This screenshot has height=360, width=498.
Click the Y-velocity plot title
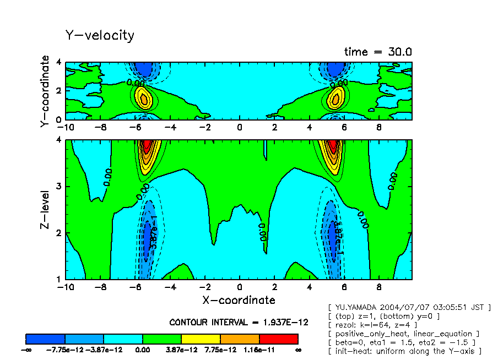pos(100,36)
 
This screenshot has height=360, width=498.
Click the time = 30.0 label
pos(378,52)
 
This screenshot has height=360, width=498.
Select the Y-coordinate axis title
pos(45,92)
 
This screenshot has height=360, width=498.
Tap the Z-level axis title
pos(45,210)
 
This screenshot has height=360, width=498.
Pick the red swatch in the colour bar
pos(278,339)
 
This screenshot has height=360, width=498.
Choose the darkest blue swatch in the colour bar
pos(45,339)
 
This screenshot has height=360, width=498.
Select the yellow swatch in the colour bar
pos(201,339)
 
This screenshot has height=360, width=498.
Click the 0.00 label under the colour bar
pos(143,350)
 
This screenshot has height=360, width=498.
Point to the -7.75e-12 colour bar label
pos(64,350)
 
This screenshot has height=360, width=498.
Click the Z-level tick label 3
pos(59,187)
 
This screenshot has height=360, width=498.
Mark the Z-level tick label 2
pos(59,233)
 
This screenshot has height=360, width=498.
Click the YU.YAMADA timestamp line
pos(409,307)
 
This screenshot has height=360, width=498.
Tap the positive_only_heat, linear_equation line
pos(403,334)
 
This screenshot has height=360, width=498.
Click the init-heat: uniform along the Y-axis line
pos(405,351)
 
